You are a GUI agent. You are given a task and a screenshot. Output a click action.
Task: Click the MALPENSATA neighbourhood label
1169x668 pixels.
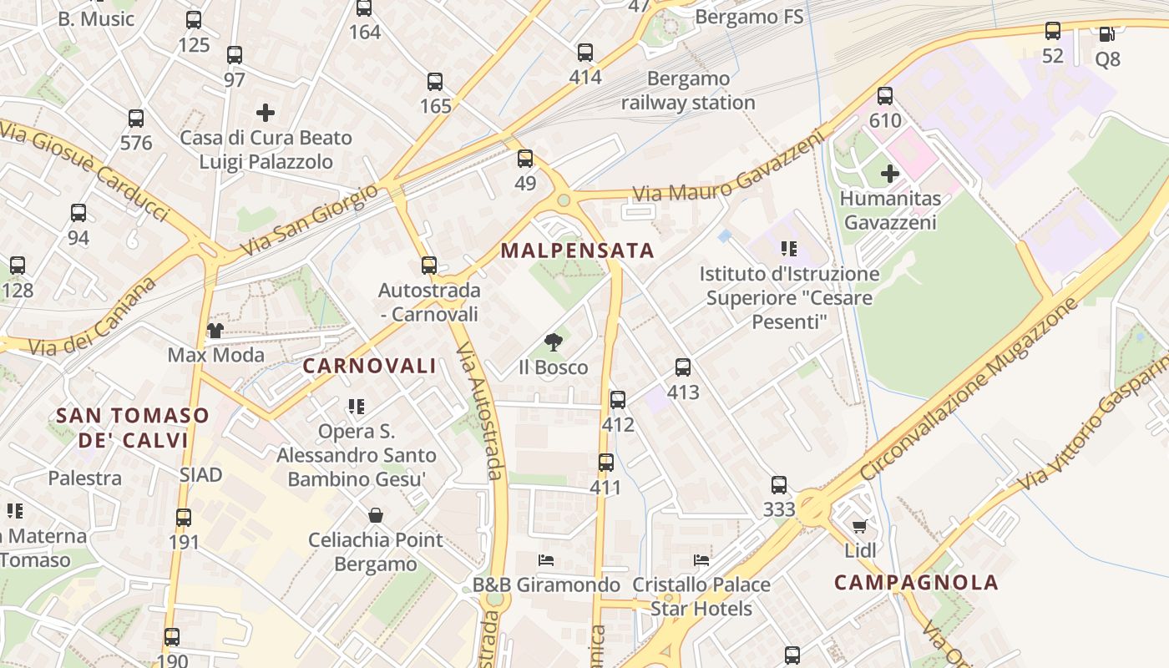click(577, 250)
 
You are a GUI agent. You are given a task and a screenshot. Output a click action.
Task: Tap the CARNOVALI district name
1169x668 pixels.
click(369, 366)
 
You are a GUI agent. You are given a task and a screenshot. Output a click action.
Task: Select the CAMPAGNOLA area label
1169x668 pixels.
click(916, 583)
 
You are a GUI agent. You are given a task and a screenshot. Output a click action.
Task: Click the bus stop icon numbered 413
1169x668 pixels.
click(682, 367)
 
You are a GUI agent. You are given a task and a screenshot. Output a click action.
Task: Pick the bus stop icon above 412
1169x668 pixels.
click(618, 400)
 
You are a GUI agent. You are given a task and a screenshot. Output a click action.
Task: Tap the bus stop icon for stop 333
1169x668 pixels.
click(778, 485)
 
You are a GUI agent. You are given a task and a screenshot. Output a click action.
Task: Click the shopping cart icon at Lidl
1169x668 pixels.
click(859, 526)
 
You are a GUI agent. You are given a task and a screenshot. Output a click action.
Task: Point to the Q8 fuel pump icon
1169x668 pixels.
click(1106, 34)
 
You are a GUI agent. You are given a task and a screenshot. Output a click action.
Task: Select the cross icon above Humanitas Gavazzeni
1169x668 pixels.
click(890, 174)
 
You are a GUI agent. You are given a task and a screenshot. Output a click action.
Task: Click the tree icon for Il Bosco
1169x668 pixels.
click(552, 342)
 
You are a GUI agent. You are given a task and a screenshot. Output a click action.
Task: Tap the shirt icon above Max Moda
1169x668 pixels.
click(215, 331)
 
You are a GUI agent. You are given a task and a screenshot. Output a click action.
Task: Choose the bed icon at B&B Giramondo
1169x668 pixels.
click(546, 560)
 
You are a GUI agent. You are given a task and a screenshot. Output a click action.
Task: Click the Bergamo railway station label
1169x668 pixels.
click(688, 91)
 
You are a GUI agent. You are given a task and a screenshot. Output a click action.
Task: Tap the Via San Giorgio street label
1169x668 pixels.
click(308, 221)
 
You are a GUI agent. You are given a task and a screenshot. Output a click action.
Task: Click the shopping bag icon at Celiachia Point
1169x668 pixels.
click(376, 515)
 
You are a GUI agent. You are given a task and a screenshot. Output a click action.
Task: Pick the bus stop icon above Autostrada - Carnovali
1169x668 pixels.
click(429, 266)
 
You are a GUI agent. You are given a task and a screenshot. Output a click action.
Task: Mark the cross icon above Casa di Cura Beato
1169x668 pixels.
click(266, 113)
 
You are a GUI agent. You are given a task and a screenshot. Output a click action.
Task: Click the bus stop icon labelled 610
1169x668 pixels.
click(885, 96)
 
